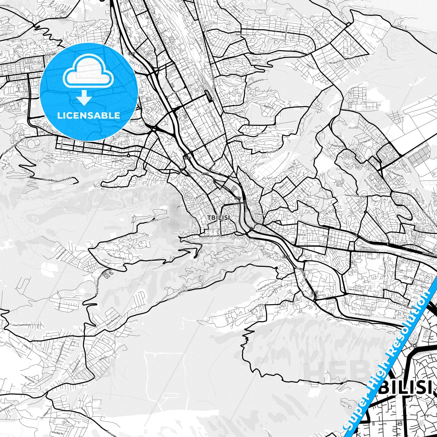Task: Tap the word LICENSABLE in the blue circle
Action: (89, 116)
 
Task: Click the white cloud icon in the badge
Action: (88, 73)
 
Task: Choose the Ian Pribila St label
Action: (356, 291)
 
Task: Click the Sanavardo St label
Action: (61, 256)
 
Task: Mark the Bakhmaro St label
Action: (242, 35)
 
